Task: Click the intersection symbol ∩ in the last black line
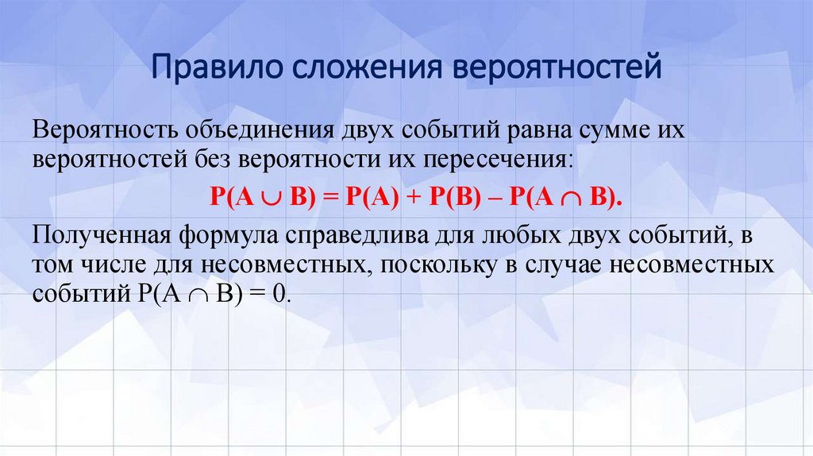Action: (x=202, y=292)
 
